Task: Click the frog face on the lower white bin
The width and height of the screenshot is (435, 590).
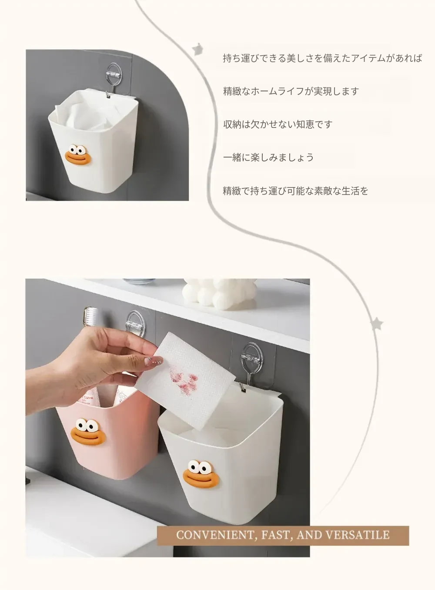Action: [x=201, y=478]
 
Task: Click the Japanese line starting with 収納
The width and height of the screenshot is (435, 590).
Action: [x=278, y=124]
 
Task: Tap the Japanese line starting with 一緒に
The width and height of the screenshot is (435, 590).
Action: [x=268, y=158]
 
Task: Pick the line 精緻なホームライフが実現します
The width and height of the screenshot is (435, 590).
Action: [x=291, y=91]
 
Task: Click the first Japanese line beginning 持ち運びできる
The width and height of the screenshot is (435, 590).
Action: [x=323, y=58]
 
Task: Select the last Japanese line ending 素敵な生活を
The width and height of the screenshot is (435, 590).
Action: [x=295, y=191]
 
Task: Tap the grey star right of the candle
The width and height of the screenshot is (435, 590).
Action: [x=377, y=324]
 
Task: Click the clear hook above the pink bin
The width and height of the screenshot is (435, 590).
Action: [x=135, y=323]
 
